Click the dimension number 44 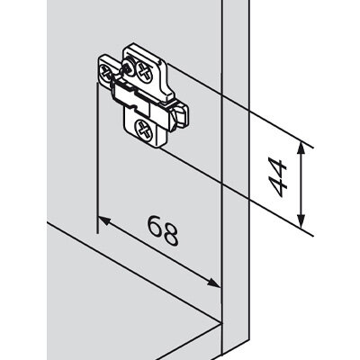tap(278, 177)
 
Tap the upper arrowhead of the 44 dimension tap(301, 149)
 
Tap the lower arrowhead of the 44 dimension tap(301, 221)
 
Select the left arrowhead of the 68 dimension tap(103, 220)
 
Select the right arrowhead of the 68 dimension tap(213, 283)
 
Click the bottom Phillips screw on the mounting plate tap(145, 130)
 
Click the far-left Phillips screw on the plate tap(105, 71)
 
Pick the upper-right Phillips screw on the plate tap(145, 71)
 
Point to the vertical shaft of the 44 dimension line tap(301, 185)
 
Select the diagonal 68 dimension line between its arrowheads tap(158, 251)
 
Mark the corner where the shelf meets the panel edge tap(221, 322)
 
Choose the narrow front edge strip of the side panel tap(235, 180)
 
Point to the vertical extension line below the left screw tap(97, 157)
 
